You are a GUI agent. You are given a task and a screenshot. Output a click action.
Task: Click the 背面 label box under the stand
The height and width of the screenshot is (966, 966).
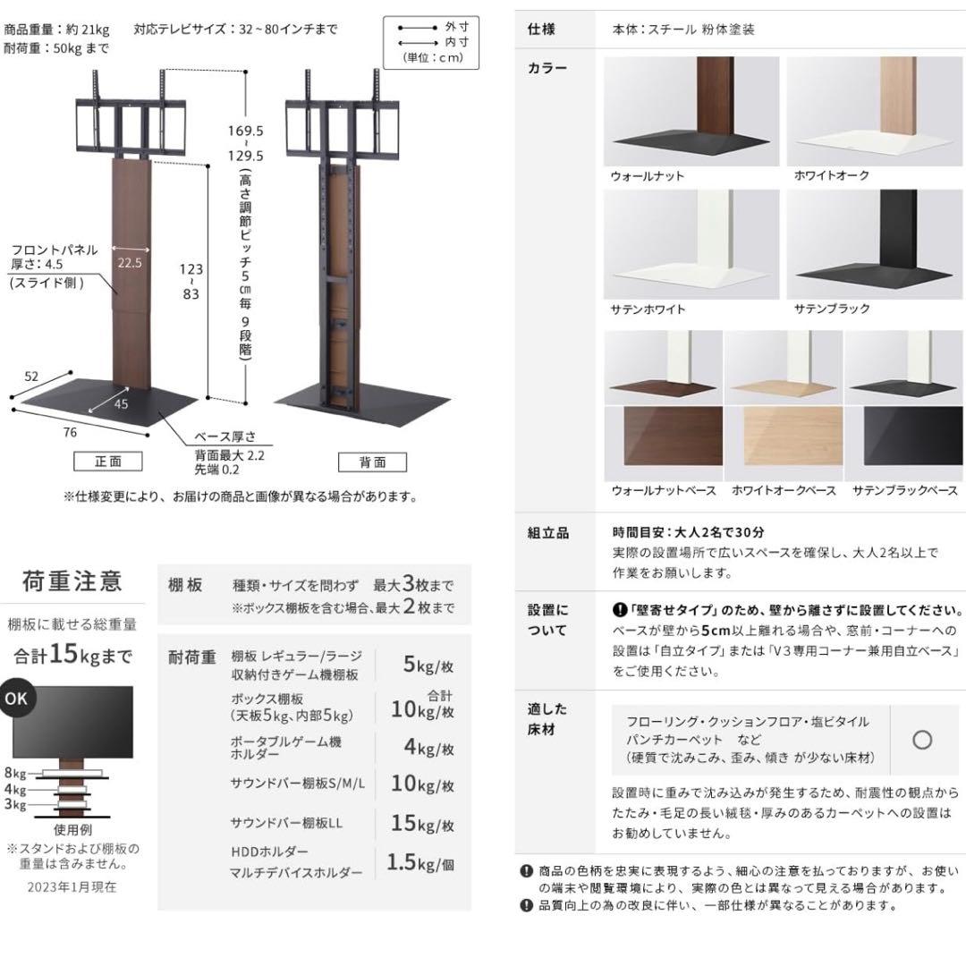pos(372,462)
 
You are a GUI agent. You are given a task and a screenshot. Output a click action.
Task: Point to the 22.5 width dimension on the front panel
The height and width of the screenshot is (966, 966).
pos(129,263)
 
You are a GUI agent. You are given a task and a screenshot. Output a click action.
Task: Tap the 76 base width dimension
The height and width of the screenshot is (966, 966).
pos(70,433)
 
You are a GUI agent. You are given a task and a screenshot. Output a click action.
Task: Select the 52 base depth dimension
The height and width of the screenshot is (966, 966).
pos(31,377)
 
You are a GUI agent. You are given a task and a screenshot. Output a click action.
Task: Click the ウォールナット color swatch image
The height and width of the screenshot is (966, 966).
pos(691,112)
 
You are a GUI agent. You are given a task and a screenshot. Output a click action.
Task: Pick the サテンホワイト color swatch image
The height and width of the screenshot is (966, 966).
pos(691,244)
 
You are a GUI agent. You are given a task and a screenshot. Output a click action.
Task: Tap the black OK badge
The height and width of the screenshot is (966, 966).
pos(15,699)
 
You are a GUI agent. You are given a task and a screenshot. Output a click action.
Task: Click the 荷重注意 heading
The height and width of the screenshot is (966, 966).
pos(72,582)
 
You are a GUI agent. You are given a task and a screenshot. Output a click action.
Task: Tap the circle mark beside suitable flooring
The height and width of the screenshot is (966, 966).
pos(922,740)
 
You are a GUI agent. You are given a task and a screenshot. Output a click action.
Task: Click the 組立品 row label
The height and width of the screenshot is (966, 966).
pos(547,532)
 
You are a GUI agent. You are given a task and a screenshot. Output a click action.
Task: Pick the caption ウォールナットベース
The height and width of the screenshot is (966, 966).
pos(663,490)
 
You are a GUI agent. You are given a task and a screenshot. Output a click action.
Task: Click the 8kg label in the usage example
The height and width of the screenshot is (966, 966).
pos(14,773)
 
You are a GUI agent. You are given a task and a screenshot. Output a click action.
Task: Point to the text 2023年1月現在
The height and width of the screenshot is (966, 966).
pos(72,886)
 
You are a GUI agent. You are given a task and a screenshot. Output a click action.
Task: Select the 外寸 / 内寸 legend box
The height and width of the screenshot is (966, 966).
pos(430,42)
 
